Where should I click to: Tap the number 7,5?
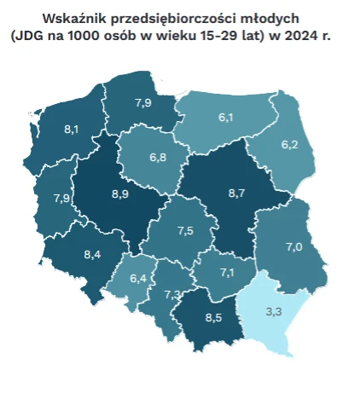click(185, 231)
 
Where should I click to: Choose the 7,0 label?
click(293, 247)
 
